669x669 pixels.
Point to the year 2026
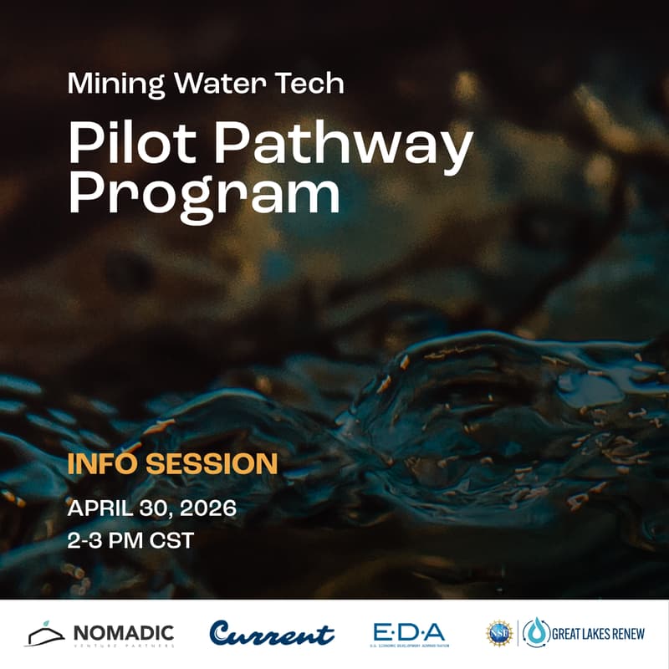point(208,508)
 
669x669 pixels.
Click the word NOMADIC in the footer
point(123,631)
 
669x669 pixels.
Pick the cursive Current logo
point(272,633)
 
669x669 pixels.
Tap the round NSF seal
point(499,633)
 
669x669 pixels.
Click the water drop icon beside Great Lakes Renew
point(536,633)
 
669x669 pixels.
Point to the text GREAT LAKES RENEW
point(597,633)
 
